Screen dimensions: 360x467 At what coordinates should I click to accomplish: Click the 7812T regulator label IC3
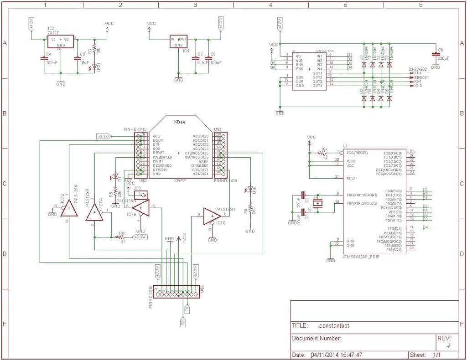tap(51, 28)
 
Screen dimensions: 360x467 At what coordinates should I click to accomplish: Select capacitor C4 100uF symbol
tap(44, 58)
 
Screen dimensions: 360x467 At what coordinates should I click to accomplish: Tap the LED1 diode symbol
tap(94, 67)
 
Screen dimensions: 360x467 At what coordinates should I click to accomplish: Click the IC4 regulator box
tap(178, 41)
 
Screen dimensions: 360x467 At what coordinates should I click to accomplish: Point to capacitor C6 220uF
tap(436, 55)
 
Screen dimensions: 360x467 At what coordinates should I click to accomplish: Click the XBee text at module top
tap(179, 122)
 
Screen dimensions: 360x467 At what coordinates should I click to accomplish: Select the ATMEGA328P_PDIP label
tap(361, 257)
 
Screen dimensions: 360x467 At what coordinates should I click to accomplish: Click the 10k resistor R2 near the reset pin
tap(324, 152)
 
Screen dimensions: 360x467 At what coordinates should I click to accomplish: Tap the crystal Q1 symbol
tap(319, 203)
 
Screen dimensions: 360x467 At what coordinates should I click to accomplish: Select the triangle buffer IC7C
tap(212, 216)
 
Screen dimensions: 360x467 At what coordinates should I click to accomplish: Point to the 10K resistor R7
tap(121, 237)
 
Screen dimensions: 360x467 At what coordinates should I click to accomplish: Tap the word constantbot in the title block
tap(334, 326)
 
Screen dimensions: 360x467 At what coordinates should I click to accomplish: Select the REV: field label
tap(444, 338)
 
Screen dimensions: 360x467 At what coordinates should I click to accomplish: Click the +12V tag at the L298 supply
tap(279, 24)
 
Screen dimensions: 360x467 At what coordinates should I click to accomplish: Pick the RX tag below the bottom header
tap(182, 322)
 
